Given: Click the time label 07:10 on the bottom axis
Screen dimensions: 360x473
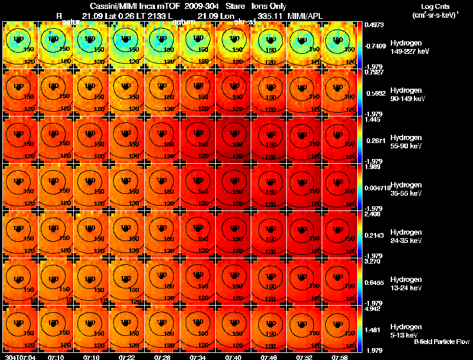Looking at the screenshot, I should [56, 357].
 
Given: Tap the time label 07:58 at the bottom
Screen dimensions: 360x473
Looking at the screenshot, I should [340, 357].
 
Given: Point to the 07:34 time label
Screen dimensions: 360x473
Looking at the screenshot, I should [198, 357].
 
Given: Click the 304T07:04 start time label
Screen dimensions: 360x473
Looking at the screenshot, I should [20, 357].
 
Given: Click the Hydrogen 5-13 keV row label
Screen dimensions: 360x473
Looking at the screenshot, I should [405, 330].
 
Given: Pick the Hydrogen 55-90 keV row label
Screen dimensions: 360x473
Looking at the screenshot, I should [405, 141].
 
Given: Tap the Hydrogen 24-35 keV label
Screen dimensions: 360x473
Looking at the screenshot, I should [405, 235].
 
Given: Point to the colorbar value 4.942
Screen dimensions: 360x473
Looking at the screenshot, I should [372, 309].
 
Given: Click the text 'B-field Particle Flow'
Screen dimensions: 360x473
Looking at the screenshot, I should [441, 342].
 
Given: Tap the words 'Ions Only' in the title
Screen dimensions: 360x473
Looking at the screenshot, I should [269, 6].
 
